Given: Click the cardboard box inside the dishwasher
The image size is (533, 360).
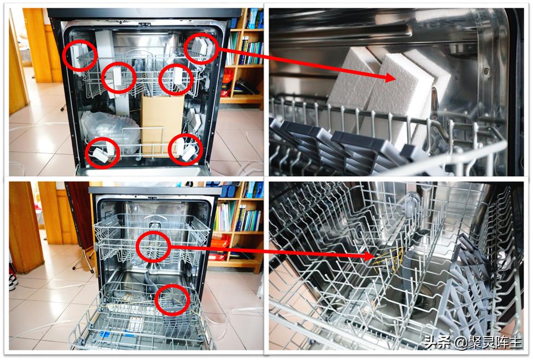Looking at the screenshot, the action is click(162, 124).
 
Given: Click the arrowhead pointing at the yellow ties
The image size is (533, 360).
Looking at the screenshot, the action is click(371, 256).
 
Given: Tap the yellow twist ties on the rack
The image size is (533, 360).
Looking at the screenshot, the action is click(388, 260).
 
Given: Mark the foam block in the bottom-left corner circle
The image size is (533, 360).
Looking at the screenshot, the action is click(101, 155).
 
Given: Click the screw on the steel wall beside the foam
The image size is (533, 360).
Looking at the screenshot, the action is click(486, 71).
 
